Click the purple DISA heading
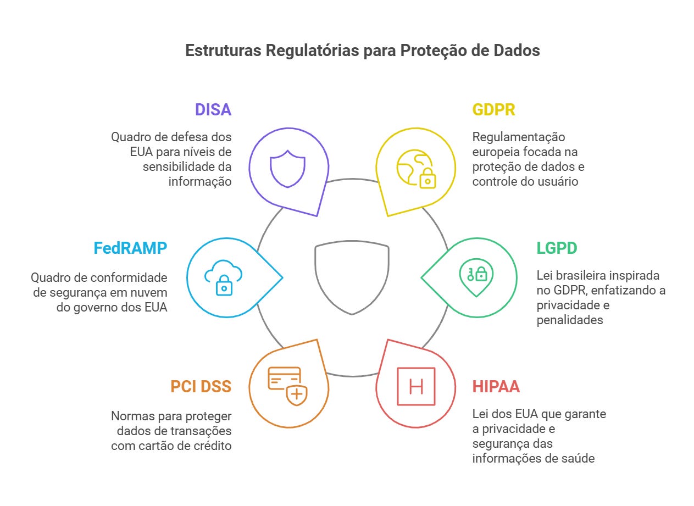(213, 109)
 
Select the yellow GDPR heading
(493, 109)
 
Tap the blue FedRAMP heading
(130, 248)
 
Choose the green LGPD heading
(557, 248)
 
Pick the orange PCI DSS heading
(201, 386)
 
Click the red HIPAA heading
(496, 386)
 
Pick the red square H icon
(416, 386)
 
